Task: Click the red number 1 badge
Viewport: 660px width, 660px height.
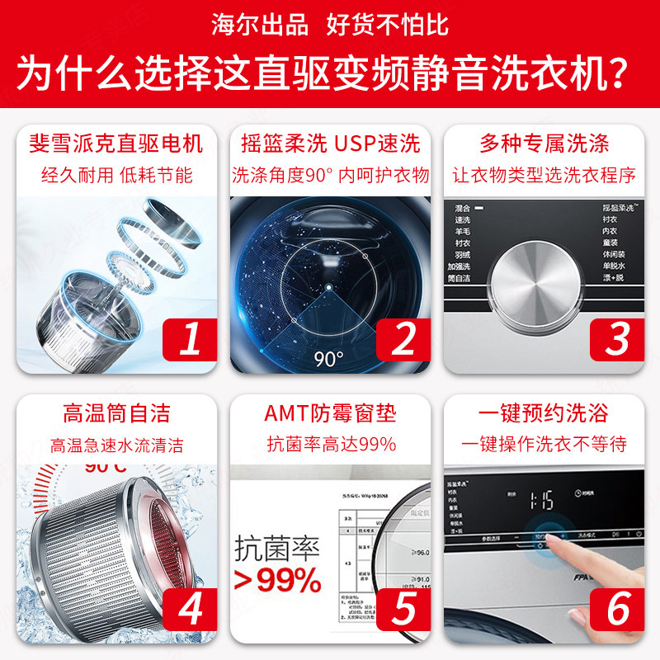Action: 190,337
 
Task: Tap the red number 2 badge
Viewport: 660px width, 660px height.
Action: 404,337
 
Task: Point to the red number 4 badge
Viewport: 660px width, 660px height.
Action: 190,608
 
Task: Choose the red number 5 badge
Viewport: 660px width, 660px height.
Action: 404,608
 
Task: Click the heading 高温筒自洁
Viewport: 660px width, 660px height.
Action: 115,412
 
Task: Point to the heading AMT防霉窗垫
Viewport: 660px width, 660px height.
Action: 330,412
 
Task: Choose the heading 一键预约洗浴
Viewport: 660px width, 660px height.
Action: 544,412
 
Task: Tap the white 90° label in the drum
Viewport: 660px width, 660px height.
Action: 328,358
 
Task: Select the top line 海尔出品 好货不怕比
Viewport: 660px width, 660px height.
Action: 330,25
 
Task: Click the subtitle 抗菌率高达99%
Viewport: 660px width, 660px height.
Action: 330,444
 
